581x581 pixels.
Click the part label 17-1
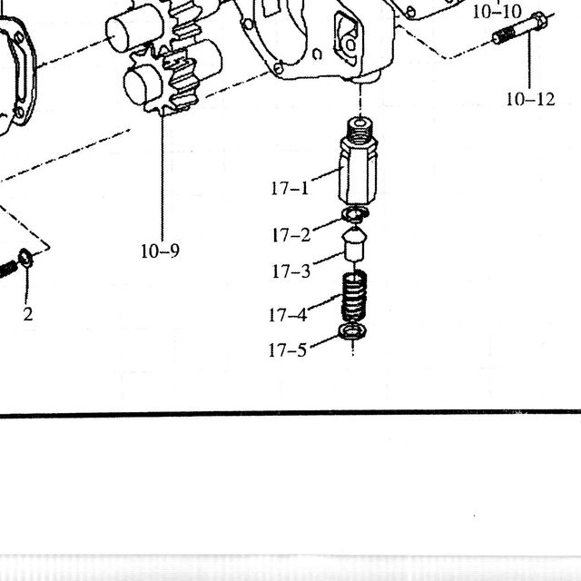(290, 188)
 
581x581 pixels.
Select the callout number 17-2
(291, 235)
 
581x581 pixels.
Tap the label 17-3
(291, 271)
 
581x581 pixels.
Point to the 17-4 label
(288, 315)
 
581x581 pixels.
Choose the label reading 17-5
(288, 350)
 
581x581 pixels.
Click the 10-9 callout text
(160, 251)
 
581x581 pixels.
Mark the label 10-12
(530, 99)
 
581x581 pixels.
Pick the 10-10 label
(497, 12)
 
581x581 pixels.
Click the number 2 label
(28, 314)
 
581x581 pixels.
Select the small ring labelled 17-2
(355, 214)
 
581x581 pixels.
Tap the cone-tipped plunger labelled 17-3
(355, 244)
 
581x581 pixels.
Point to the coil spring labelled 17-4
(354, 296)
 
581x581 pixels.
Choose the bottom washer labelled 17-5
(353, 330)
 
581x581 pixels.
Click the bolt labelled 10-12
(519, 28)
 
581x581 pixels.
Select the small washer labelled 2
(25, 258)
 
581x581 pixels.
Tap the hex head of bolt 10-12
(538, 21)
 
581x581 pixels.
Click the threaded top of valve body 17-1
(359, 131)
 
